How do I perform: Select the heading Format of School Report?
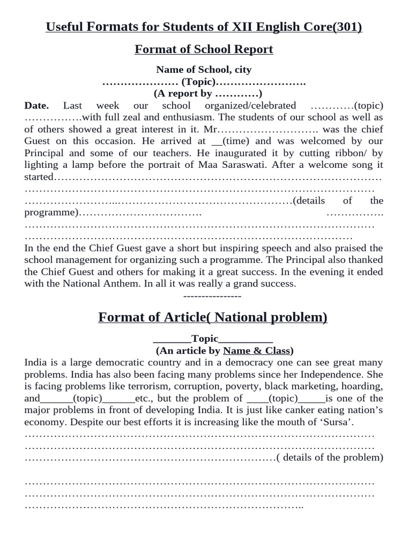pos(204,49)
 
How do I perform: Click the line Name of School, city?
pos(204,70)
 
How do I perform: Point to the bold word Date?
pos(37,106)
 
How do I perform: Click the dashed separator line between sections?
pos(212,296)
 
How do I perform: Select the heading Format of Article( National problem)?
pos(212,318)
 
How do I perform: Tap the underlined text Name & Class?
pos(257,351)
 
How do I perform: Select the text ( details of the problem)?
pos(329,457)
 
